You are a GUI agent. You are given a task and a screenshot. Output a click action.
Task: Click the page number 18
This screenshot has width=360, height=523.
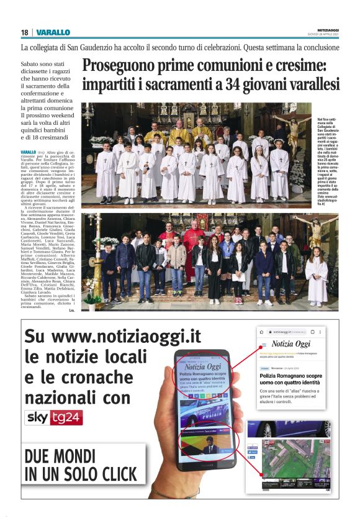24,32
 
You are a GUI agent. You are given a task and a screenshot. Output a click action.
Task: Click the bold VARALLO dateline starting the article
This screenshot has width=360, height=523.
28,152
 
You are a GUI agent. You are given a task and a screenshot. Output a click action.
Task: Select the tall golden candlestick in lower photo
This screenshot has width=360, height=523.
96,261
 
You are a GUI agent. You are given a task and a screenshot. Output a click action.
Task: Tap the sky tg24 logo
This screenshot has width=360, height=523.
53,417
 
